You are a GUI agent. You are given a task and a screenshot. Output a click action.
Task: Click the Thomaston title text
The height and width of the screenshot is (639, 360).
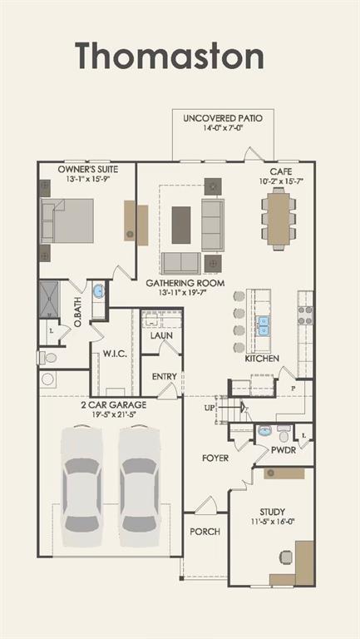(x=170, y=57)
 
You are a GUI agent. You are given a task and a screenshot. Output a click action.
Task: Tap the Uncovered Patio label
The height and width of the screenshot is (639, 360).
(x=222, y=118)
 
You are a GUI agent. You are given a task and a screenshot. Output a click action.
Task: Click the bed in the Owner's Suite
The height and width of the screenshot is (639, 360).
(x=67, y=220)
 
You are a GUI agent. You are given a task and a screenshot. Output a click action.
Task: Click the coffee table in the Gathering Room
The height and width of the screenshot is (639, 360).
(x=181, y=224)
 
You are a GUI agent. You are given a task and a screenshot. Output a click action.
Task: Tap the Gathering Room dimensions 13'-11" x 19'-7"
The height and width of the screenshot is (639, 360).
(x=185, y=293)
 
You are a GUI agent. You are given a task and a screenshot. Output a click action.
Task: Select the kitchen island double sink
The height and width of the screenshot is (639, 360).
(x=264, y=324)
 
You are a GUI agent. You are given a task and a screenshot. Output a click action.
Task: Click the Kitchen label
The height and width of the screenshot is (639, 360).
(x=261, y=359)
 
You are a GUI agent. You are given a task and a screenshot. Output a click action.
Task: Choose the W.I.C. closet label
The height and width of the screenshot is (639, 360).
(x=114, y=354)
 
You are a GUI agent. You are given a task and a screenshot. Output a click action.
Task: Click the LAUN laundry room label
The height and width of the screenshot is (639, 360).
(x=161, y=336)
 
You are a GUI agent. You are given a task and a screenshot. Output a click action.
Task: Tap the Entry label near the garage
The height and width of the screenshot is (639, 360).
(x=164, y=376)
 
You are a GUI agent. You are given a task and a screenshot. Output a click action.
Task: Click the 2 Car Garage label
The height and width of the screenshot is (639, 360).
(x=113, y=404)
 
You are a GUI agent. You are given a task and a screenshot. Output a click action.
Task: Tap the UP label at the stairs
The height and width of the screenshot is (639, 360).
(x=210, y=409)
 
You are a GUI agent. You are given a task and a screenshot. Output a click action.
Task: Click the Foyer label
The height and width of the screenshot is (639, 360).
(x=215, y=458)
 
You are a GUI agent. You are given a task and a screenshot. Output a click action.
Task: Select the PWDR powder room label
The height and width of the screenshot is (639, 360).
(x=284, y=450)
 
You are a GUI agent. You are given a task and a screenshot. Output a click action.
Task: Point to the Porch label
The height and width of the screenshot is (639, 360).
(x=205, y=531)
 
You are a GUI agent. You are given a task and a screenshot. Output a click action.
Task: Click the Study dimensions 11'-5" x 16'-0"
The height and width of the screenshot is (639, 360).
(x=272, y=523)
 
